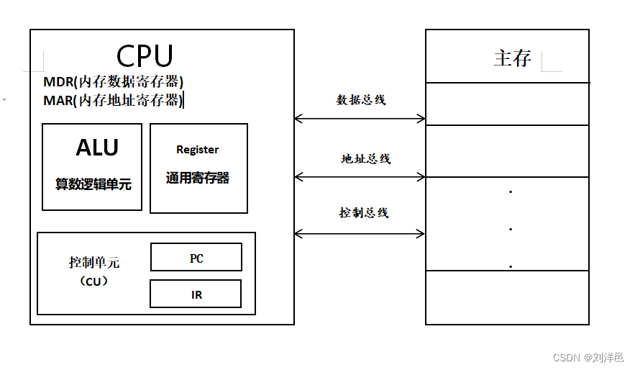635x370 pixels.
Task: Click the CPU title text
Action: pos(145,55)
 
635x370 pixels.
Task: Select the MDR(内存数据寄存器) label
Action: pos(114,81)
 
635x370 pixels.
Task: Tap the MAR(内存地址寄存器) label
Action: pos(113,100)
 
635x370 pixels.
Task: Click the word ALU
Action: pos(97,148)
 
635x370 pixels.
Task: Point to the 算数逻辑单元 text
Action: pos(93,184)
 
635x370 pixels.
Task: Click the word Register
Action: pos(197,150)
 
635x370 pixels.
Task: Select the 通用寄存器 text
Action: pos(198,178)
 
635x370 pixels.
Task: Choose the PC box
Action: pos(196,257)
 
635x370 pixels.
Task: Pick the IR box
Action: pos(196,294)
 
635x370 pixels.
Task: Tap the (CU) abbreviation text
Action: pos(94,281)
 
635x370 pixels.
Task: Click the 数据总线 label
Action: pos(361,100)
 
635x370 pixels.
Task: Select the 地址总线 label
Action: pos(365,158)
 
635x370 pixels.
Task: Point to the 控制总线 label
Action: pos(364,213)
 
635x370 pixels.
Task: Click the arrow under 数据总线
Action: pos(360,119)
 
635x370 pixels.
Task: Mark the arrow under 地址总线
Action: pos(360,176)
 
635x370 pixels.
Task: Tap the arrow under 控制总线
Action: pos(360,233)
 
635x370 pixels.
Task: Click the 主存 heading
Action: pos(512,58)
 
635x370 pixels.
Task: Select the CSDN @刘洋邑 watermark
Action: pos(588,357)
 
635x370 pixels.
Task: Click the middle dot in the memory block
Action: pos(510,230)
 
